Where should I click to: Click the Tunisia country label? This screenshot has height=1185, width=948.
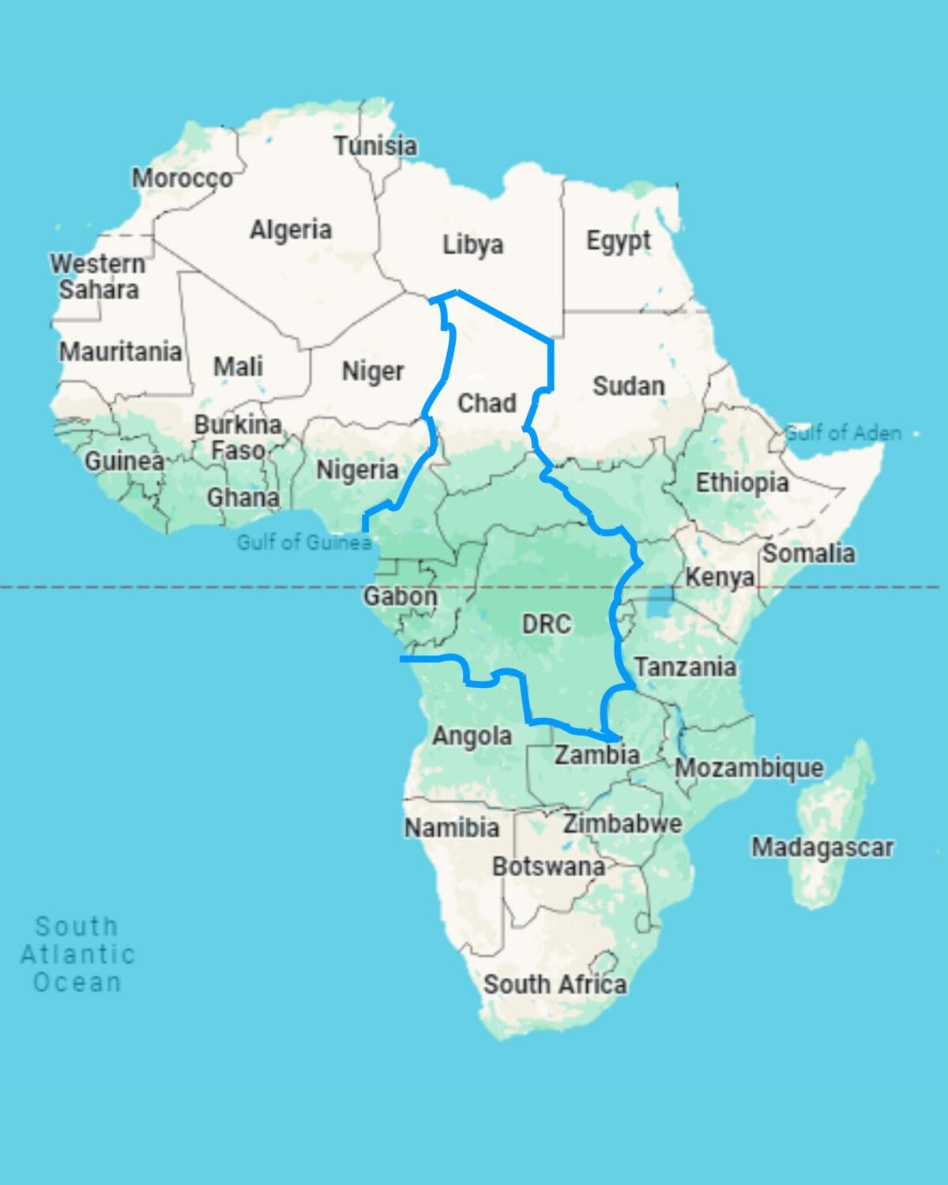pos(375,145)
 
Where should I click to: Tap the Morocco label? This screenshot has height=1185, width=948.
pos(182,179)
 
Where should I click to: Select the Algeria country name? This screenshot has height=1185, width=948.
pos(291,230)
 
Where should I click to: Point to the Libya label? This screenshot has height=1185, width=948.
pos(472,244)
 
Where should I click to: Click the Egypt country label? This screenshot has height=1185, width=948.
pos(619,240)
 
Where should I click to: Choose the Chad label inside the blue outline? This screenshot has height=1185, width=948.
pos(487,403)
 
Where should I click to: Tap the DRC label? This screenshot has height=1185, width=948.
pos(546,624)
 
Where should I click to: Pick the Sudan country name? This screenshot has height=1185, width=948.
pos(629,386)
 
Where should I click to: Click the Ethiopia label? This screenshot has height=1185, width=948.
pos(742,483)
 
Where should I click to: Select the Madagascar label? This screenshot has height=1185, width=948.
pos(822,848)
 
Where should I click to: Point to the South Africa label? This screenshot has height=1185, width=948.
pos(555,984)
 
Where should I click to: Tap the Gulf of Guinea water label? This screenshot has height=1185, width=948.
pos(304,542)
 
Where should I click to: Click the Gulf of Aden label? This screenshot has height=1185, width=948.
pos(843,433)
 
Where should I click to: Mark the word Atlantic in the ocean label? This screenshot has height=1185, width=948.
pos(77,954)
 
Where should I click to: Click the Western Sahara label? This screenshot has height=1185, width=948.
pos(98,276)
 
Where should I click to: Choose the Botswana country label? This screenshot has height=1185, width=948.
pos(548,867)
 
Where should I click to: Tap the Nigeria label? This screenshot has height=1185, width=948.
pos(357,470)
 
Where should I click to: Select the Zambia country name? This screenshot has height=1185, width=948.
pos(596,754)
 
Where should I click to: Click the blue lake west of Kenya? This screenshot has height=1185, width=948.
pos(660,602)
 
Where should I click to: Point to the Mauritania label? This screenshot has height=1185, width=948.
pos(121,351)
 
